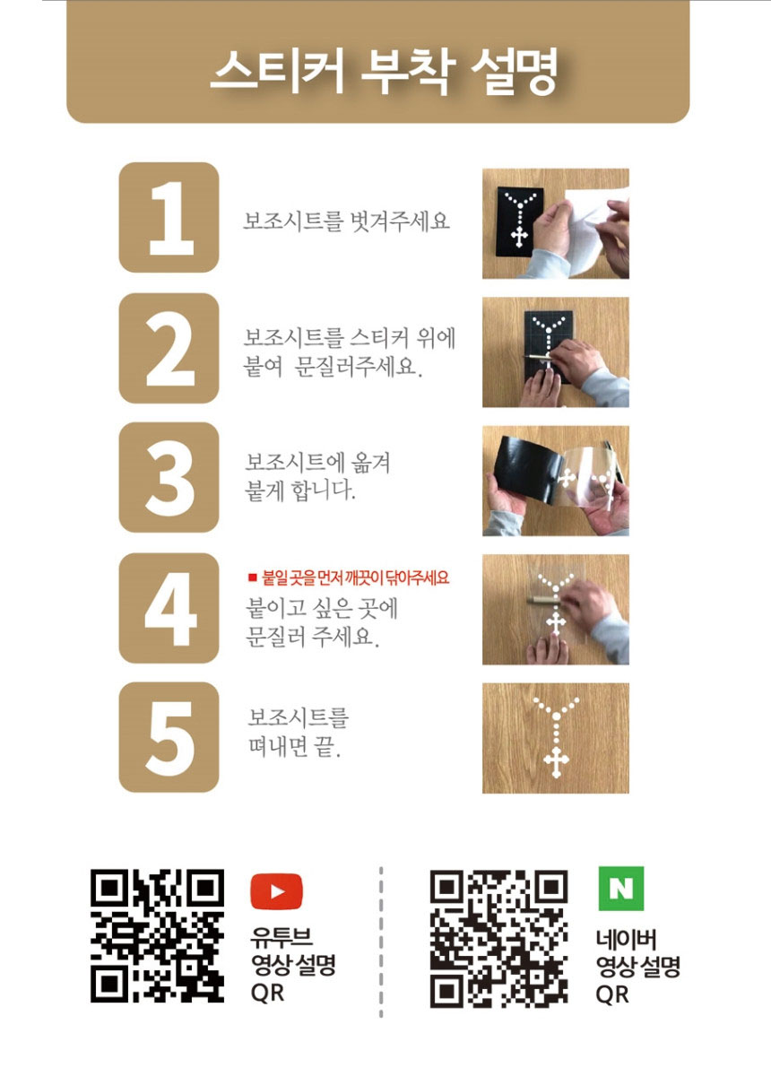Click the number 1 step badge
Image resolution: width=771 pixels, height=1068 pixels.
[x=169, y=217]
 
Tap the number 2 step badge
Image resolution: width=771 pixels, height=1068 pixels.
[x=169, y=348]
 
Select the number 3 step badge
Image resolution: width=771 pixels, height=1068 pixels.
[x=169, y=477]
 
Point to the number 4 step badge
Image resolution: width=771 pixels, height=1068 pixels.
[x=169, y=608]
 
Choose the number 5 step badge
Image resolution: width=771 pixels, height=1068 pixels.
[x=169, y=737]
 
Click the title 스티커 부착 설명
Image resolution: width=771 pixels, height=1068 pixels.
[x=384, y=70]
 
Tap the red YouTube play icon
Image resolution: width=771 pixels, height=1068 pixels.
[x=276, y=891]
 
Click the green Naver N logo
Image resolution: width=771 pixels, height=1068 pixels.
[x=621, y=889]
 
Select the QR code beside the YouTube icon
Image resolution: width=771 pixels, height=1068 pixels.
[x=157, y=936]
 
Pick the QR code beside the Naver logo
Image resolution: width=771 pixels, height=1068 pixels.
[x=499, y=939]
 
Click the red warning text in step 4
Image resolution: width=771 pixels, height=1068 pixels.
[x=349, y=578]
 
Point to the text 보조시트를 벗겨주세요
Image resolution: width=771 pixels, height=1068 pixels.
[x=347, y=221]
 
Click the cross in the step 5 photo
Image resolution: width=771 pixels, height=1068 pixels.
[x=557, y=761]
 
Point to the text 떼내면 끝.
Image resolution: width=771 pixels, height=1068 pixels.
[x=295, y=747]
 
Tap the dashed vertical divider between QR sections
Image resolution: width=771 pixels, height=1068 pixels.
[x=381, y=942]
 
